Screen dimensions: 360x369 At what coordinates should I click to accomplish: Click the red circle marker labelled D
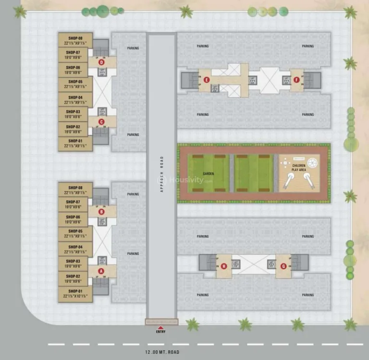coord(101,62)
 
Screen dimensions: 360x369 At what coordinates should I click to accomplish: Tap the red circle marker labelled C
coord(101,122)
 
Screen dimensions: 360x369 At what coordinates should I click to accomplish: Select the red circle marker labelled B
coord(101,212)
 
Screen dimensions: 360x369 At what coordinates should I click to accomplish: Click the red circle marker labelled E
coord(207,80)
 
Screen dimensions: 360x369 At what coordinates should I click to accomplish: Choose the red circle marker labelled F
coord(296,80)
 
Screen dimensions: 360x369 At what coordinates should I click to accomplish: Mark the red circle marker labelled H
coord(224,266)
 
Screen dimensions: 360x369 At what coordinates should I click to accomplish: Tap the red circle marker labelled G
coord(283,266)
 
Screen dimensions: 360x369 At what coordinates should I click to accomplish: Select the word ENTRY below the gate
coord(161,332)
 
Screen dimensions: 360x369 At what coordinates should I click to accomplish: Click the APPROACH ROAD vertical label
coord(162,174)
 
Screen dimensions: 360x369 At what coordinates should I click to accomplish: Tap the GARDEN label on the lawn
coord(208,173)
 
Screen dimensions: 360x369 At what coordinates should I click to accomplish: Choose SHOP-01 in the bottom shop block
coord(74,294)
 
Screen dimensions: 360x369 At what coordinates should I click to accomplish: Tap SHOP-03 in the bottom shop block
coord(74,264)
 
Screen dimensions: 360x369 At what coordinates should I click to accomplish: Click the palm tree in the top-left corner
coord(20,12)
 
